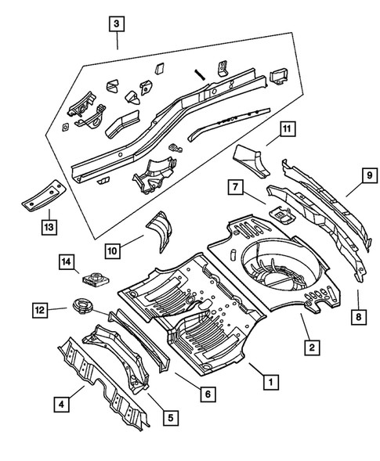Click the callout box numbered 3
[117, 23]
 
